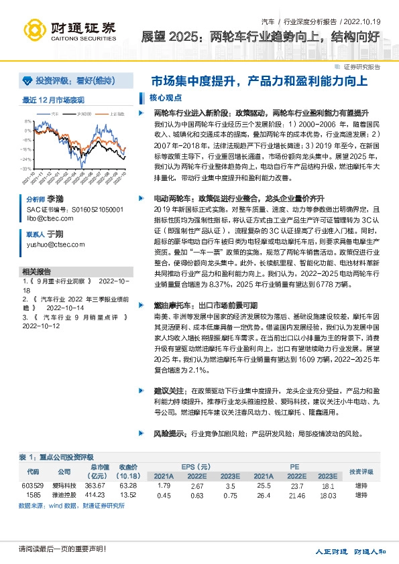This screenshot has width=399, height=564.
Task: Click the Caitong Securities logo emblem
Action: coord(36,29)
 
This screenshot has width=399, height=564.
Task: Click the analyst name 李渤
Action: coord(54,200)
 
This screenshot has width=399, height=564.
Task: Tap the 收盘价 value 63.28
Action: coord(128,486)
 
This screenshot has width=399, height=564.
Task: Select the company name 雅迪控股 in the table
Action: coord(64,495)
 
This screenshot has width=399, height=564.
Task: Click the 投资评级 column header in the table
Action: coord(361,472)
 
